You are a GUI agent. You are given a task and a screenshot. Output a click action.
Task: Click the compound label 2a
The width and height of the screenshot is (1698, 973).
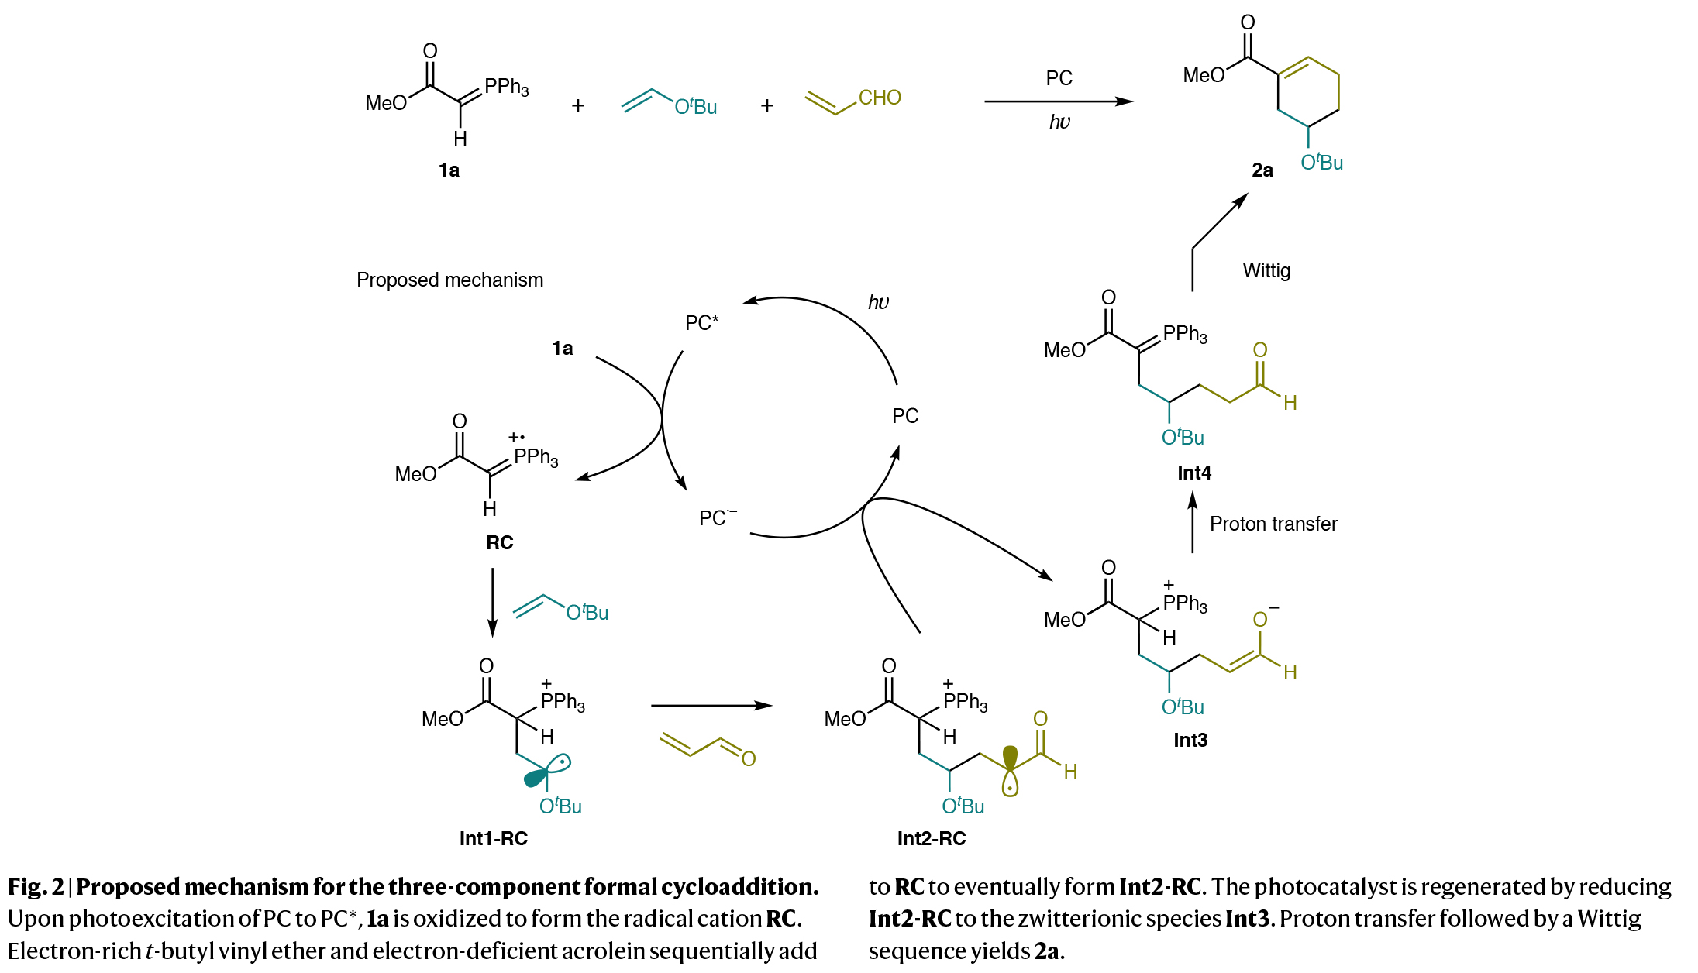1262,170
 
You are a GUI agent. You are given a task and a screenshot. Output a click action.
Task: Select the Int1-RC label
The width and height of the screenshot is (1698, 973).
493,838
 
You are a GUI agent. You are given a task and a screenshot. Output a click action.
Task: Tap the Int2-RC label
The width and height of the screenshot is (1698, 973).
931,838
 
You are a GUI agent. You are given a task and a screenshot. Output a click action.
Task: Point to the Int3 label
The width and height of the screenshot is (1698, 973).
1190,740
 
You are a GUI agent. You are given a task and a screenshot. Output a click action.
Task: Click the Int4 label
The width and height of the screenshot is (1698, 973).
1193,473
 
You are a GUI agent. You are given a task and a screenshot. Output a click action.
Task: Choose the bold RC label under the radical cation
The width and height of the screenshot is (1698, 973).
499,542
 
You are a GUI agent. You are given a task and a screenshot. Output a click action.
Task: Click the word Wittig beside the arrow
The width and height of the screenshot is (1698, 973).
1266,270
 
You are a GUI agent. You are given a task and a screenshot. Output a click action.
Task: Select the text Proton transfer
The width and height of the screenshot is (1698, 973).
1273,524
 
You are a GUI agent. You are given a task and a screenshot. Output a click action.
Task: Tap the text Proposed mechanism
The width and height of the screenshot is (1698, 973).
449,280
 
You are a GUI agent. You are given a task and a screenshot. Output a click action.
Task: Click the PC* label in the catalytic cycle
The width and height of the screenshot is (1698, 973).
701,322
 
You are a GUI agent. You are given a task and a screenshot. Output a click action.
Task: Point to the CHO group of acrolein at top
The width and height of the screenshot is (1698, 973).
880,98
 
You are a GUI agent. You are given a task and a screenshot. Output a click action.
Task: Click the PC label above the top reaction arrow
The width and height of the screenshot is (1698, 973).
1059,78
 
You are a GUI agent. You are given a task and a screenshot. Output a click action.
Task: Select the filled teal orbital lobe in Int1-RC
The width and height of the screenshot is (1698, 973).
535,778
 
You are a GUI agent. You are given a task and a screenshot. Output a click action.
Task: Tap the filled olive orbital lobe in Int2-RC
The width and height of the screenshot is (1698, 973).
1010,755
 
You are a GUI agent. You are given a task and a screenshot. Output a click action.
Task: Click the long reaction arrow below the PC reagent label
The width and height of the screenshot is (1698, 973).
1058,101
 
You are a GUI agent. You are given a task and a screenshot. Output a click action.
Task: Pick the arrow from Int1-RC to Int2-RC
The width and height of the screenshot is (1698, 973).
711,706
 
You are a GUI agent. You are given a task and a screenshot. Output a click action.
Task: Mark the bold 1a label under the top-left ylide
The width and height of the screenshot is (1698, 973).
449,170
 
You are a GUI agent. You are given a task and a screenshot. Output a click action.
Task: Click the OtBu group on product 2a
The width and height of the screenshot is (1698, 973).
1321,163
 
